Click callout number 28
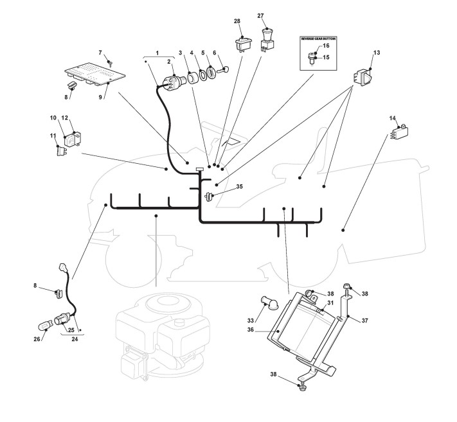(237, 21)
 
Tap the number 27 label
(261, 16)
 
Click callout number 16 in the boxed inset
(326, 46)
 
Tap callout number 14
(393, 118)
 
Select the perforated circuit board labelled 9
(90, 75)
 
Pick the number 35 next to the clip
(239, 187)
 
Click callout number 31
(330, 303)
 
